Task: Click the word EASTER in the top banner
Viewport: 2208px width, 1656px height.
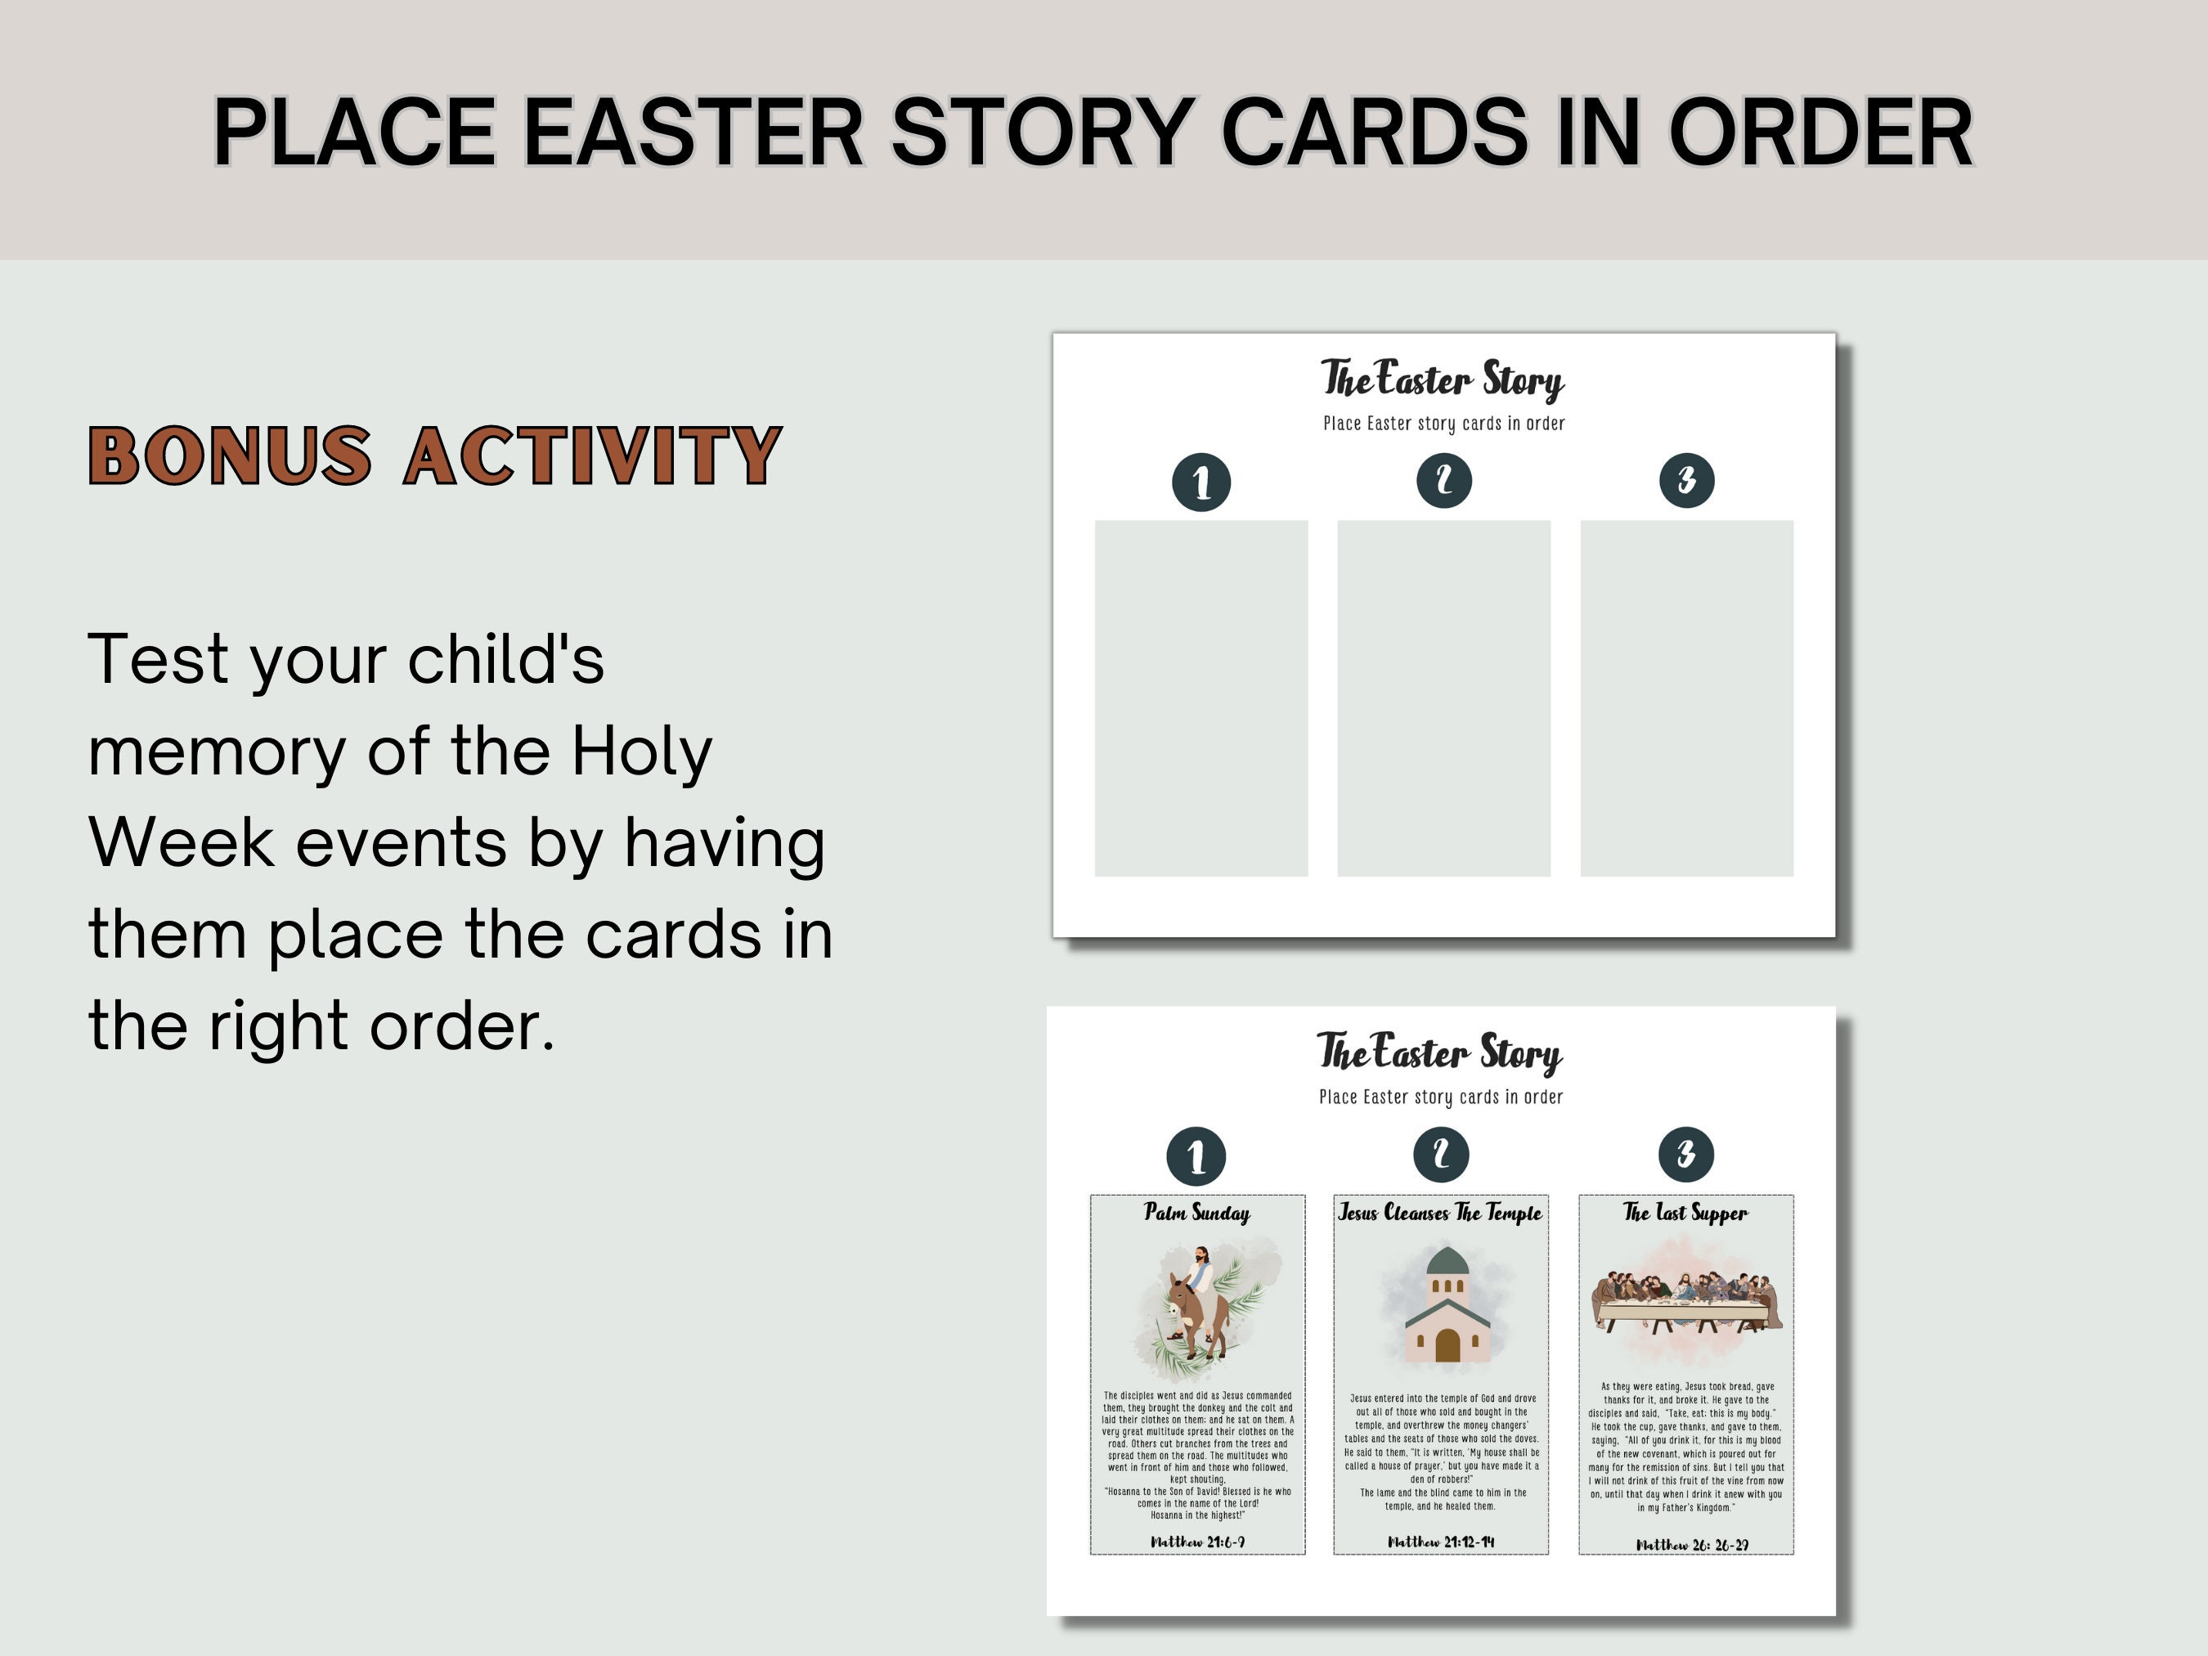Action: [693, 132]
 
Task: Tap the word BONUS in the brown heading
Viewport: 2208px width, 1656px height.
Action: [230, 456]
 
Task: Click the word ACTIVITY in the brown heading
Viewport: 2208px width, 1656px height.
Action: [593, 456]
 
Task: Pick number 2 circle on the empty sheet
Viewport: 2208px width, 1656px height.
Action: [1443, 480]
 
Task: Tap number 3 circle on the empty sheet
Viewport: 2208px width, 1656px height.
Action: [1686, 480]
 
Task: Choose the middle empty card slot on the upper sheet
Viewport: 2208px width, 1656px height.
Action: [1443, 698]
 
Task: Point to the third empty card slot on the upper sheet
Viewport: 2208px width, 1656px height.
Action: [1686, 698]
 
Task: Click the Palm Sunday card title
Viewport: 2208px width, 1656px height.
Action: [1197, 1213]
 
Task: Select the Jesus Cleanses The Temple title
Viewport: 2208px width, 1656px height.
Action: [1439, 1213]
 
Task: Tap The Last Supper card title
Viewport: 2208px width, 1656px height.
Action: [1685, 1213]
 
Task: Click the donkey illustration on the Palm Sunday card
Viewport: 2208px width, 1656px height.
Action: [1198, 1308]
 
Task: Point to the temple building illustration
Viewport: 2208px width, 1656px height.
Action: [1447, 1308]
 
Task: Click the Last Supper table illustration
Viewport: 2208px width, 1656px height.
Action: [1686, 1303]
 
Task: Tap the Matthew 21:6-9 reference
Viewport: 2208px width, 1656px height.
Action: [1197, 1542]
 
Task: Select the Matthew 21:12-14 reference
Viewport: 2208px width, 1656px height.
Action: [1440, 1542]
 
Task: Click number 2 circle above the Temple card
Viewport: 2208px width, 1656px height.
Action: [1440, 1155]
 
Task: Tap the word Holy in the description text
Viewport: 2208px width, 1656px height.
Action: [641, 751]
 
